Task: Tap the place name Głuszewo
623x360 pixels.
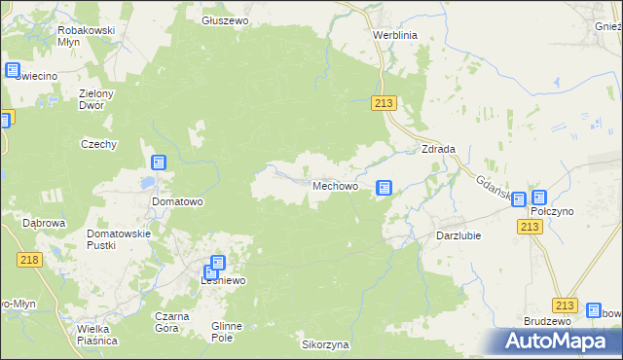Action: [x=225, y=20]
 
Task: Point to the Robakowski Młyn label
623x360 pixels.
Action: [x=87, y=36]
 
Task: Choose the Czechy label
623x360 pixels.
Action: [x=98, y=144]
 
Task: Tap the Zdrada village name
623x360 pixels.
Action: [x=439, y=149]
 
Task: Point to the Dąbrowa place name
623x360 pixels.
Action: [x=44, y=222]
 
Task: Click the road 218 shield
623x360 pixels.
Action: [x=29, y=259]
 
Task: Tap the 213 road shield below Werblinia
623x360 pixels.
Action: [x=384, y=104]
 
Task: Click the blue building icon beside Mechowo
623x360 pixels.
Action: [x=385, y=187]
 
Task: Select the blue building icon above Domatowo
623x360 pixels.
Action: [x=159, y=162]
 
